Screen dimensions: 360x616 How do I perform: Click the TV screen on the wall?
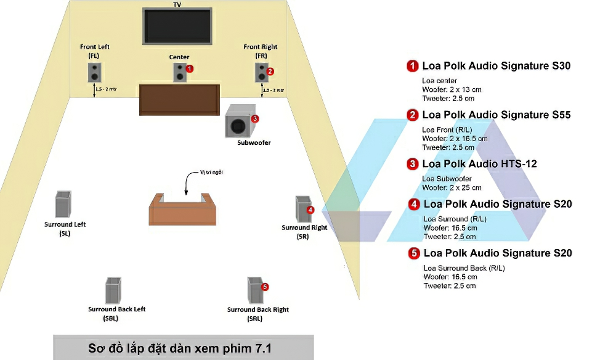(x=177, y=27)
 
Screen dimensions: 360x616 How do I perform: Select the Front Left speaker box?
(x=94, y=73)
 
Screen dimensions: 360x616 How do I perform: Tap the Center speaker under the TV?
(x=179, y=73)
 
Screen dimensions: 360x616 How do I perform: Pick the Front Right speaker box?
(x=261, y=72)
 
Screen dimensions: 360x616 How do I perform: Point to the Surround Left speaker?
(x=63, y=205)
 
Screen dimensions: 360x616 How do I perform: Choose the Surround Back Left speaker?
(x=112, y=290)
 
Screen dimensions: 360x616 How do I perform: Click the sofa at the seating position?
(x=183, y=210)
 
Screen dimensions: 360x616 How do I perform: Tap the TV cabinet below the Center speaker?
(x=179, y=99)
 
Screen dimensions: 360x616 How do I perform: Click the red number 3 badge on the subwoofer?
(x=255, y=118)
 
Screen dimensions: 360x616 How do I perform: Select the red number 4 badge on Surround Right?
(x=310, y=210)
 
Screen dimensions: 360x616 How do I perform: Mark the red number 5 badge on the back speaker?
(x=265, y=287)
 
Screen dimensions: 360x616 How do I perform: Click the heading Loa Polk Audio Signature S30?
(x=496, y=66)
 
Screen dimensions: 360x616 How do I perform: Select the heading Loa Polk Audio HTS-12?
(x=479, y=164)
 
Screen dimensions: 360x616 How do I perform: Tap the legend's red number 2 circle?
(x=412, y=115)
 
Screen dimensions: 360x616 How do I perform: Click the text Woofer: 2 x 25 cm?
(x=452, y=187)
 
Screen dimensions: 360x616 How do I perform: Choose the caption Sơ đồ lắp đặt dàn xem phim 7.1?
(x=183, y=349)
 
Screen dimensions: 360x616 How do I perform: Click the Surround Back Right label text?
(x=258, y=309)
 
